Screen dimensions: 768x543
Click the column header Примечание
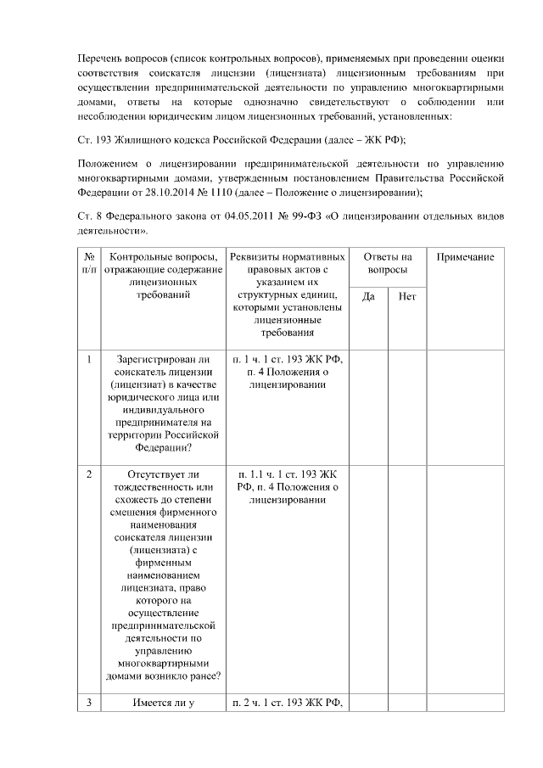coord(466,256)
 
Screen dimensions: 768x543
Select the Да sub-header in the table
coord(368,297)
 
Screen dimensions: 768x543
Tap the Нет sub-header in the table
coord(407,297)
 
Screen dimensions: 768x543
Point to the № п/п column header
coord(88,262)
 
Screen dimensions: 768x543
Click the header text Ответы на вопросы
coord(388,262)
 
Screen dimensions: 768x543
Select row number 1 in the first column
coord(88,360)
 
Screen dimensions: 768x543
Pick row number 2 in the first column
coord(88,474)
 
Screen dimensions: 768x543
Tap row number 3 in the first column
coord(88,702)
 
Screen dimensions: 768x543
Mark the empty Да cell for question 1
coord(368,407)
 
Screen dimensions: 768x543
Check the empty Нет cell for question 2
coord(407,577)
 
